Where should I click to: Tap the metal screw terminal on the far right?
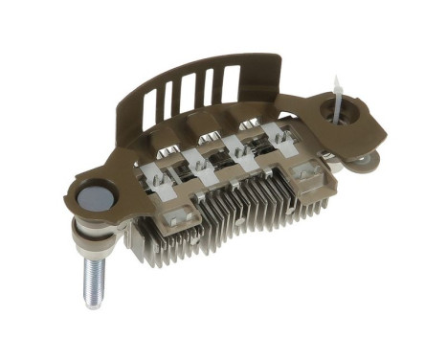pos(307,173)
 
